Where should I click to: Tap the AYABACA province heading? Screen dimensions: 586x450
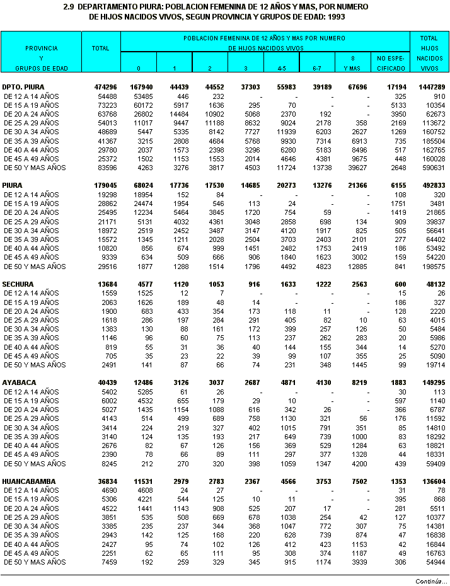19,382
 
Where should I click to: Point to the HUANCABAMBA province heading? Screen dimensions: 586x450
28,481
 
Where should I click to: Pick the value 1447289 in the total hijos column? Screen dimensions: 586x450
432,87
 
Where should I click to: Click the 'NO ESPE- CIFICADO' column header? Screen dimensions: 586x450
391,62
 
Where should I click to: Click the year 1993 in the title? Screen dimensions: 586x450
337,16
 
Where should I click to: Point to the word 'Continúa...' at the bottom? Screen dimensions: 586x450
431,580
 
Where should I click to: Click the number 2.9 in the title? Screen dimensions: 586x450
69,6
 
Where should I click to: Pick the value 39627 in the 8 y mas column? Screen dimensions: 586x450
355,168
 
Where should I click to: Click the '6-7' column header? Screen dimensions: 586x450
317,67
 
